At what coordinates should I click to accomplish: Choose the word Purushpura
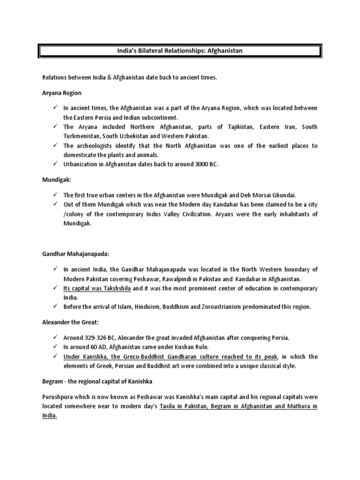coord(58,397)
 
